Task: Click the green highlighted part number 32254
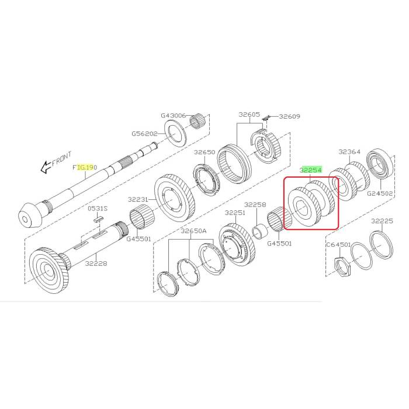coord(311,170)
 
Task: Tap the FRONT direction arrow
coord(46,167)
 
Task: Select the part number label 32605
coord(249,115)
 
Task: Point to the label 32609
coord(290,116)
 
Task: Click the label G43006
coord(173,115)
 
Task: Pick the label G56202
coord(144,134)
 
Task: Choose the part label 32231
coord(138,200)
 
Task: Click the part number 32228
coord(96,264)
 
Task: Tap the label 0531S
coord(98,209)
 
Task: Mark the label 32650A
coord(193,231)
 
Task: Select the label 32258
coord(255,204)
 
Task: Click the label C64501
coord(338,245)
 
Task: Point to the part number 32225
coord(382,221)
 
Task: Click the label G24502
coord(380,193)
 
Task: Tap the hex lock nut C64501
coord(342,266)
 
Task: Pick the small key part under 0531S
coord(99,219)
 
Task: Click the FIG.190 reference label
coord(85,167)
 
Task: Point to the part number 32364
coord(349,151)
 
